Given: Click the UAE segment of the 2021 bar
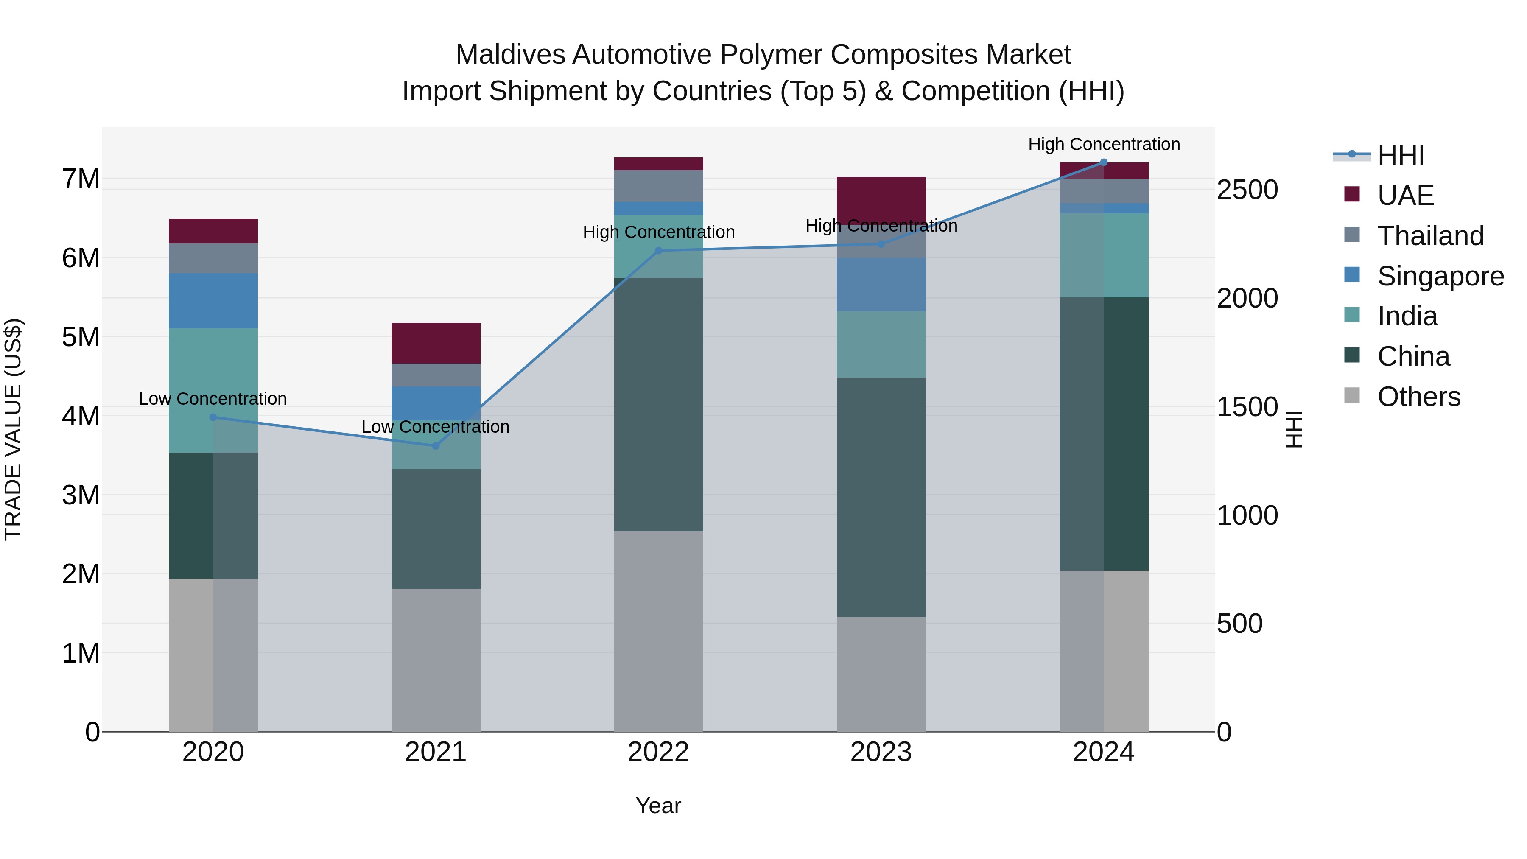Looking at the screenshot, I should pyautogui.click(x=436, y=343).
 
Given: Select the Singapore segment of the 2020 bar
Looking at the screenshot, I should pyautogui.click(x=213, y=301).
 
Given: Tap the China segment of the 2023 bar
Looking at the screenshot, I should pyautogui.click(x=881, y=497).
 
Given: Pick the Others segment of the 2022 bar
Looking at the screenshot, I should pyautogui.click(x=658, y=631).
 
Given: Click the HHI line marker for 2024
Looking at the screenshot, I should pyautogui.click(x=1104, y=162).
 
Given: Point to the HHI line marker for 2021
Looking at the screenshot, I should pyautogui.click(x=436, y=446).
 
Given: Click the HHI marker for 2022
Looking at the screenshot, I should pyautogui.click(x=658, y=251).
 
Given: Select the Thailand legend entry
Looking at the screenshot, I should pyautogui.click(x=1430, y=236).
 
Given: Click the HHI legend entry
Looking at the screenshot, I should pyautogui.click(x=1401, y=155).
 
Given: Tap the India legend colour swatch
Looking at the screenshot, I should pyautogui.click(x=1352, y=315).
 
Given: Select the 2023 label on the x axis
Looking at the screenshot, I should pyautogui.click(x=881, y=752).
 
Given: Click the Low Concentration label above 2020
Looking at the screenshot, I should pyautogui.click(x=213, y=399).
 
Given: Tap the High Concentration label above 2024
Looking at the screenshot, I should pyautogui.click(x=1104, y=144).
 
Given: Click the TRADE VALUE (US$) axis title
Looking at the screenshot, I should pyautogui.click(x=13, y=429).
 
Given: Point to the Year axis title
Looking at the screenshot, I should pyautogui.click(x=658, y=806).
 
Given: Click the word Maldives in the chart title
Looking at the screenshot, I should pyautogui.click(x=510, y=55).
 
